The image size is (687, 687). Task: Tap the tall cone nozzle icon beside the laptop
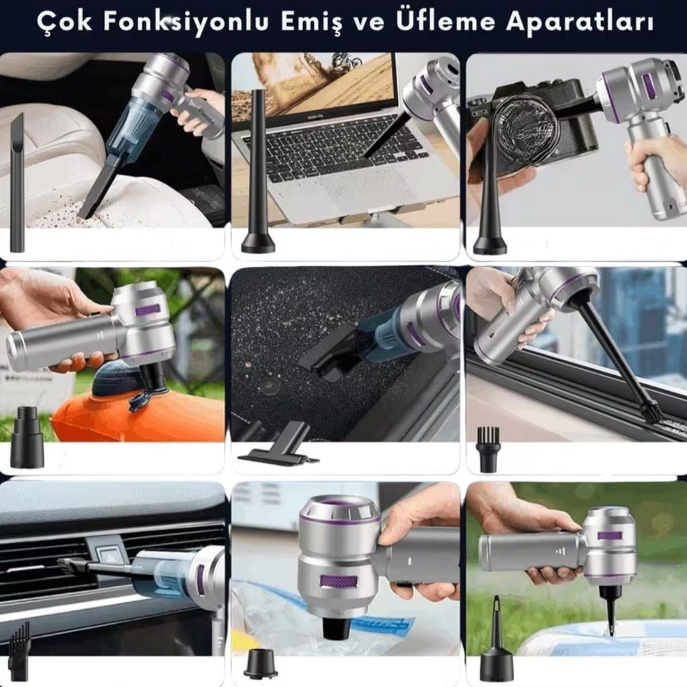coord(258,174)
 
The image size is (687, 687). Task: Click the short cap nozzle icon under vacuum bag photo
coord(260,664)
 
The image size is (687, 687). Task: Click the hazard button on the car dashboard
coord(109,554)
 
